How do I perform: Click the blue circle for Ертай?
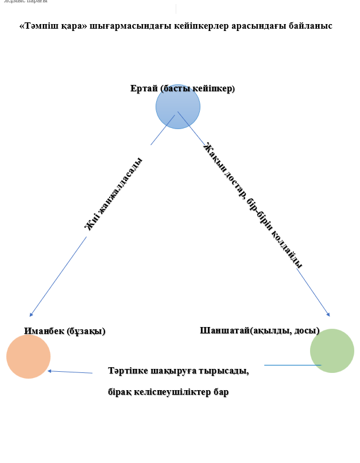tap(178, 107)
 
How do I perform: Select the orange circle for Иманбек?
tap(29, 356)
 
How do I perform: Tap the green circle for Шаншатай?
tap(332, 351)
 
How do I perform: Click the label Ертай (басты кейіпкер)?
tap(183, 88)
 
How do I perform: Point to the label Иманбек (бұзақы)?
tap(65, 331)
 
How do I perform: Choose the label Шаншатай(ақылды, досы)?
tap(260, 330)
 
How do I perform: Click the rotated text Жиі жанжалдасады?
tap(113, 194)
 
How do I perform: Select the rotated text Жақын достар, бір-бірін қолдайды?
tap(253, 205)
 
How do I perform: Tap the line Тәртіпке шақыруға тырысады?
tap(178, 371)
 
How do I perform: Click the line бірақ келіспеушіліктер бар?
tap(168, 392)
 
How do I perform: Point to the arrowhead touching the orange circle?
tap(50, 371)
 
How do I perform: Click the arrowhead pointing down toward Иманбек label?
tap(31, 314)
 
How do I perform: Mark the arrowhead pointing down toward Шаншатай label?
tap(328, 314)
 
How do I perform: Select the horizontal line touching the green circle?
tap(292, 365)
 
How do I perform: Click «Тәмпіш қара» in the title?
tap(53, 26)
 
